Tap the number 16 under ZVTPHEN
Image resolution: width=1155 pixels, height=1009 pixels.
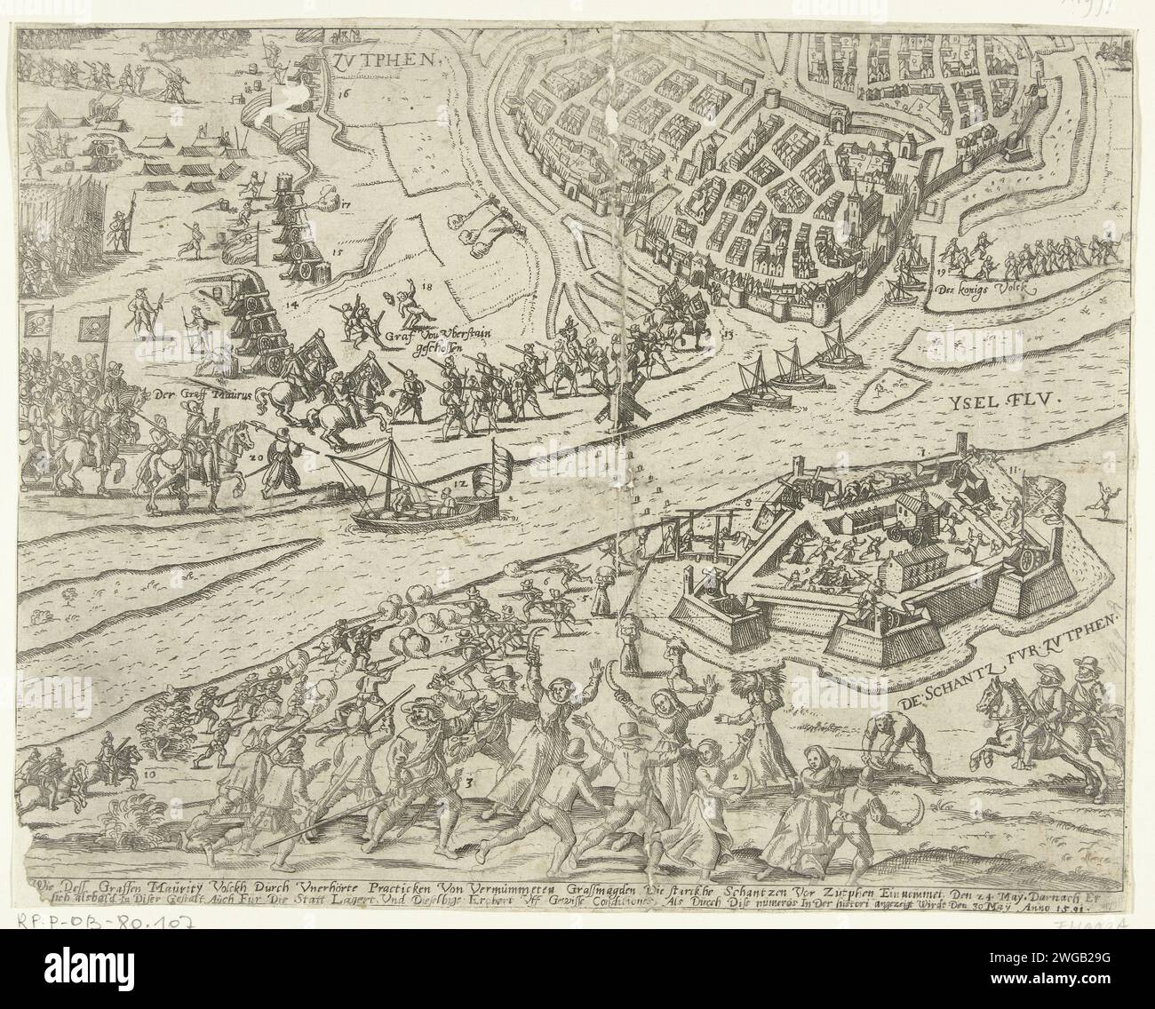(344, 91)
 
